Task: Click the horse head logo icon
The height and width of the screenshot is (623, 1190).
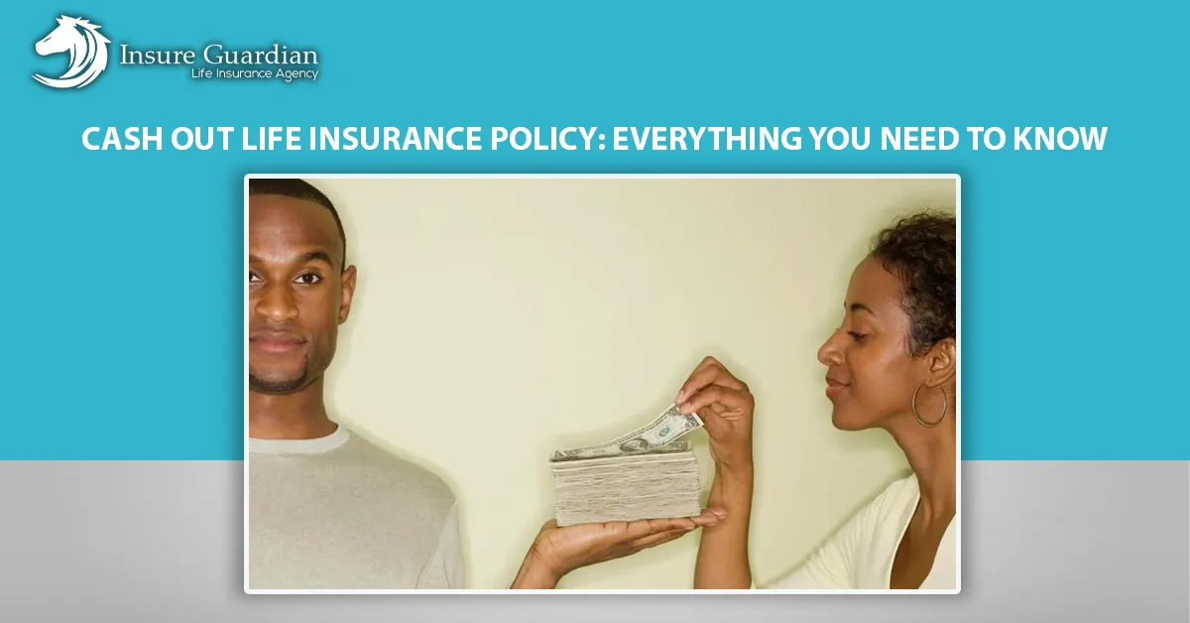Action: point(71,52)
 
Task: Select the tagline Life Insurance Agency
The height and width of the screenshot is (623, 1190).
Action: point(255,73)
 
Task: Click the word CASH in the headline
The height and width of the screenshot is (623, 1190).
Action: point(122,138)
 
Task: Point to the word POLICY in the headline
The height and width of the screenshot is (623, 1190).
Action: point(547,138)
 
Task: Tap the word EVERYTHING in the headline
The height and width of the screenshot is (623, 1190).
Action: point(707,138)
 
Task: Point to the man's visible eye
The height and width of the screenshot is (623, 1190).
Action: point(308,278)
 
